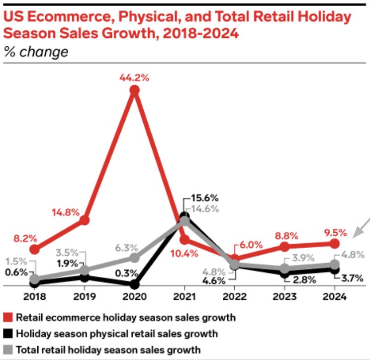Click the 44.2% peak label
point(134,78)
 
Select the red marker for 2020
point(134,90)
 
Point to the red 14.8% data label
point(65,212)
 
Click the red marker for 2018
point(34,249)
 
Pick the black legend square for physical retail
point(8,334)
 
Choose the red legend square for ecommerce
point(8,317)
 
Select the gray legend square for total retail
point(8,350)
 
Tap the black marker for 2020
point(134,285)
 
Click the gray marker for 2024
point(335,265)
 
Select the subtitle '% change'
point(36,52)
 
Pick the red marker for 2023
point(284,247)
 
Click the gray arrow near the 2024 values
point(360,227)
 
